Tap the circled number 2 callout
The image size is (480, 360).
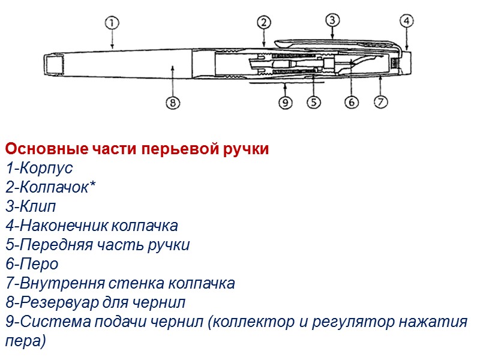264,23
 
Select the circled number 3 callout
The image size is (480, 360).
333,20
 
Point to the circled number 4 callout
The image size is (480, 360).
407,21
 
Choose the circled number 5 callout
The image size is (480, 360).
314,103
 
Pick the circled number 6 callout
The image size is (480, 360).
352,103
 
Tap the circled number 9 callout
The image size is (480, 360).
286,103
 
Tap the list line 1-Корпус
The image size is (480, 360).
39,169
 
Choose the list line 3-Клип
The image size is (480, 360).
31,207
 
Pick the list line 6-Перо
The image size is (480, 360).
32,264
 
